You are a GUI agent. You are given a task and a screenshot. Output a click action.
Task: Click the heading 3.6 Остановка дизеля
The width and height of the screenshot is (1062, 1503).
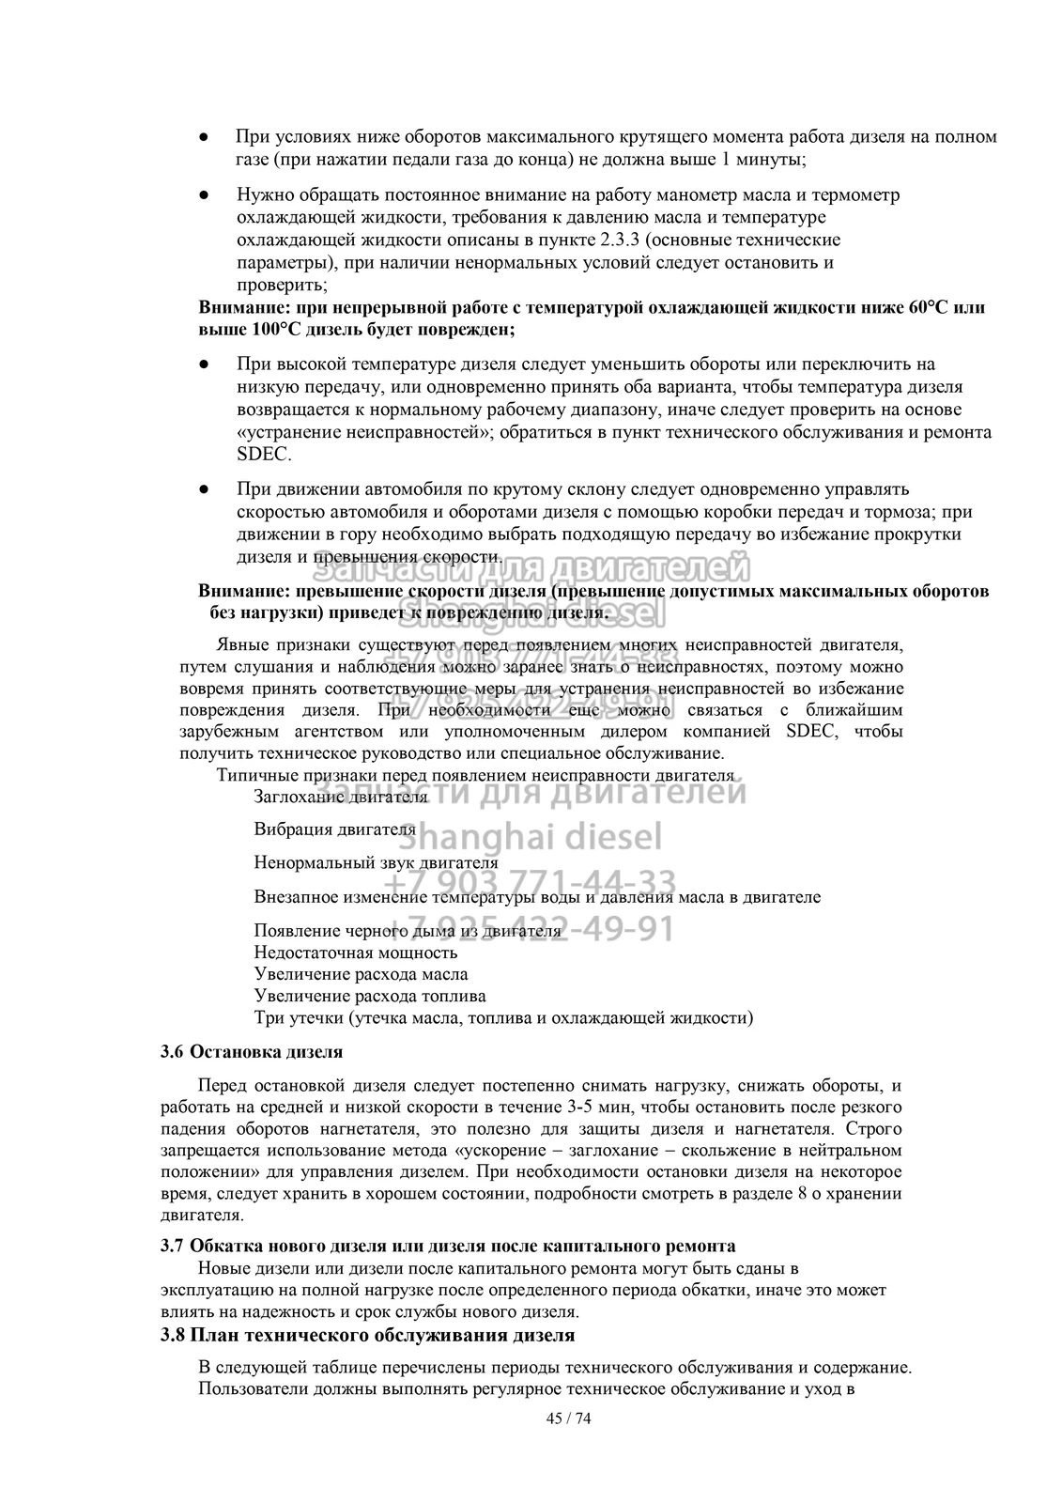tap(252, 1051)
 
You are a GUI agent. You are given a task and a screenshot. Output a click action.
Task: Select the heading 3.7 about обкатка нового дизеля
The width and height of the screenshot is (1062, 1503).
tap(448, 1246)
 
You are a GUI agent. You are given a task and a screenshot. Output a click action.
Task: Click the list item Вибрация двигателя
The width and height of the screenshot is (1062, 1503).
tap(334, 829)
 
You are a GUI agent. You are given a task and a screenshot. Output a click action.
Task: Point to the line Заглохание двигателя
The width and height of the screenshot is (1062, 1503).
tap(340, 797)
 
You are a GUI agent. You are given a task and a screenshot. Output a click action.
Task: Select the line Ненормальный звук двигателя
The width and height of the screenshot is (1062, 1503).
tap(376, 862)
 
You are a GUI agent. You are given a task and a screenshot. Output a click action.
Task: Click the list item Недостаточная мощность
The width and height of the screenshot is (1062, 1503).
tap(356, 953)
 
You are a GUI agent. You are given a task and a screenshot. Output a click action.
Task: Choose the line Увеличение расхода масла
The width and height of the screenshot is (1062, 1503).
tap(361, 974)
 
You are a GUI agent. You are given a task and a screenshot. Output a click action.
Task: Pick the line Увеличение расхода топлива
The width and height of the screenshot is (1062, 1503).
tap(370, 996)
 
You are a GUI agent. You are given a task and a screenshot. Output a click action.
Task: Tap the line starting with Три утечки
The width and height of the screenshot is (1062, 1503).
tap(503, 1017)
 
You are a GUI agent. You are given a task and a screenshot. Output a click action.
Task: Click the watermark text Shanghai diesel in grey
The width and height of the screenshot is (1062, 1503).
tap(537, 834)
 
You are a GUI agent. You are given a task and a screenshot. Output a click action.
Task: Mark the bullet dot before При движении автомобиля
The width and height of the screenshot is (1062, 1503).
tap(203, 489)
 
